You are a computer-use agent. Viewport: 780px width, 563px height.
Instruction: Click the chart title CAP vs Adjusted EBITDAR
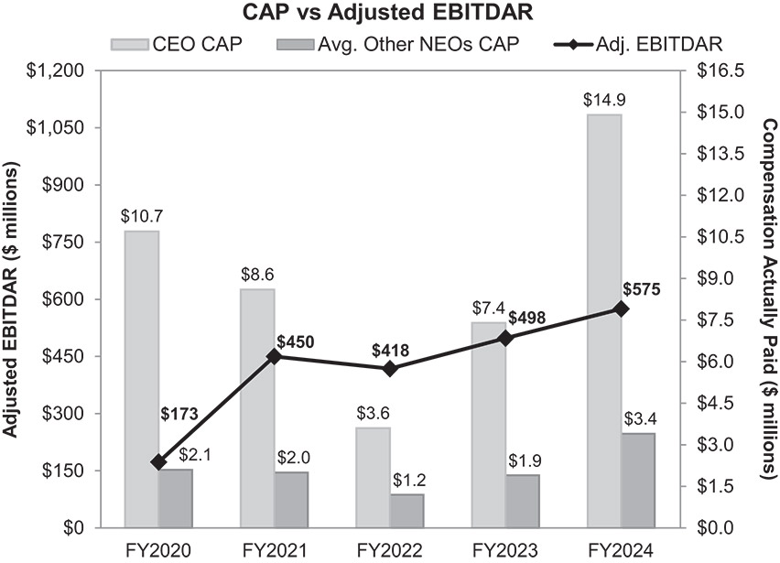(x=388, y=14)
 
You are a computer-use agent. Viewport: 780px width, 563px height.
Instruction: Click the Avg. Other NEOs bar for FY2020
(x=176, y=498)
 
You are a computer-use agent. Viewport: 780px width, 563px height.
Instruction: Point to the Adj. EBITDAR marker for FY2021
(x=275, y=356)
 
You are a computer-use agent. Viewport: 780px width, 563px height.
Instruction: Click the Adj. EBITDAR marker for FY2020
(x=159, y=462)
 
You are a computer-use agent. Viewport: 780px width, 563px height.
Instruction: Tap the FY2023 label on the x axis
(x=505, y=549)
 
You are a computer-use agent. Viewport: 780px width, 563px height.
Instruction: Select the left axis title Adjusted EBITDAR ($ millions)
(x=13, y=298)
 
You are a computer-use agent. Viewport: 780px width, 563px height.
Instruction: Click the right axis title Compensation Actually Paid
(x=767, y=298)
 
